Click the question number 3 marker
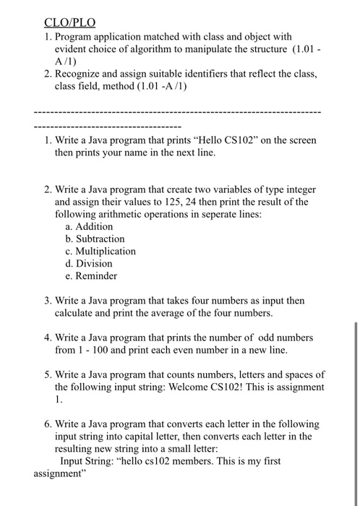click(x=47, y=301)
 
